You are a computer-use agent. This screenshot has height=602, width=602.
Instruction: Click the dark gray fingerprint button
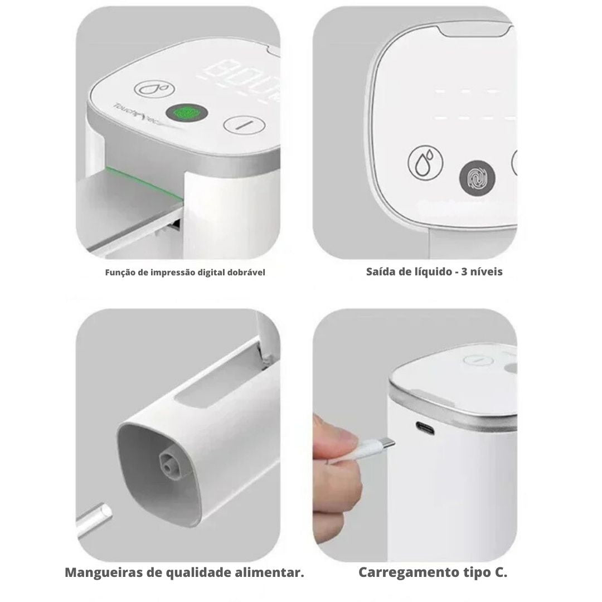tap(477, 180)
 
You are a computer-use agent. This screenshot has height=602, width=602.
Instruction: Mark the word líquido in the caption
tap(432, 272)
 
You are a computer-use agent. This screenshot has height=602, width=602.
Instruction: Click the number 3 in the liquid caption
tap(465, 272)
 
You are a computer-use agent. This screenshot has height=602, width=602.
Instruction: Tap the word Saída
tap(380, 272)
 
